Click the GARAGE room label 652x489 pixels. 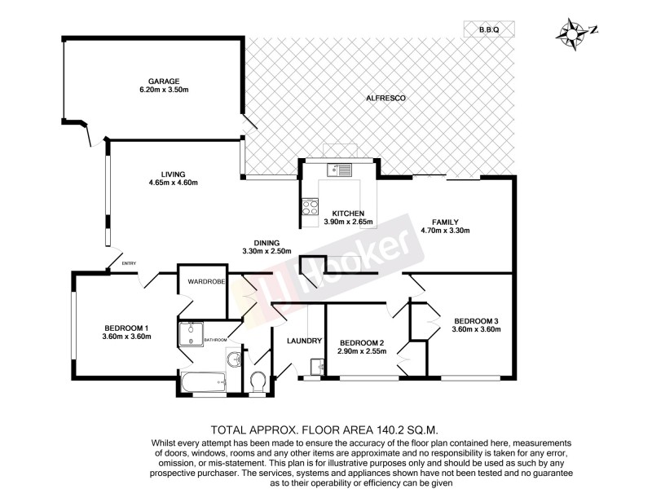[163, 81]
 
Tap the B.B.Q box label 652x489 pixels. [489, 29]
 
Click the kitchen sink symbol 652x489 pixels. [338, 170]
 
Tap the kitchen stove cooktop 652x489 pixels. [310, 207]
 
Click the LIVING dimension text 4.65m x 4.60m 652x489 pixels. [174, 183]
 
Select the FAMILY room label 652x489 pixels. [446, 222]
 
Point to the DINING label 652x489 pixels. [267, 242]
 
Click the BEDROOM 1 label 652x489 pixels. [127, 327]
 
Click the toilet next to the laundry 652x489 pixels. [258, 381]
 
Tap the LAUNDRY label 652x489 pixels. [305, 341]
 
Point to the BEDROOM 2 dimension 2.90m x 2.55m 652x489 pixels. [362, 351]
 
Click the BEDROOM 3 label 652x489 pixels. [476, 319]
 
